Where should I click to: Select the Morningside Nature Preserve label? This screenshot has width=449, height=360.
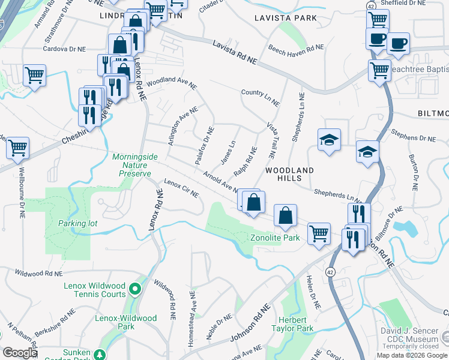click(x=135, y=165)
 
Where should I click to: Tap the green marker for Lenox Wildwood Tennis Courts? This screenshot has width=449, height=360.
click(x=135, y=290)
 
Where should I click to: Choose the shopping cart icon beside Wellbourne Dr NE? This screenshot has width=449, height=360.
click(x=18, y=147)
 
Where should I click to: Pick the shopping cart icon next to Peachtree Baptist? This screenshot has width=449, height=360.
click(x=379, y=70)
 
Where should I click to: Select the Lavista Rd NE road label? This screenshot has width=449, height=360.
click(x=235, y=53)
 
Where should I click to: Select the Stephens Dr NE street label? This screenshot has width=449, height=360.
click(x=413, y=134)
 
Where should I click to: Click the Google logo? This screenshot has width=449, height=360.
click(x=20, y=353)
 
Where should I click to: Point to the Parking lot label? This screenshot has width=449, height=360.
click(x=77, y=224)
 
